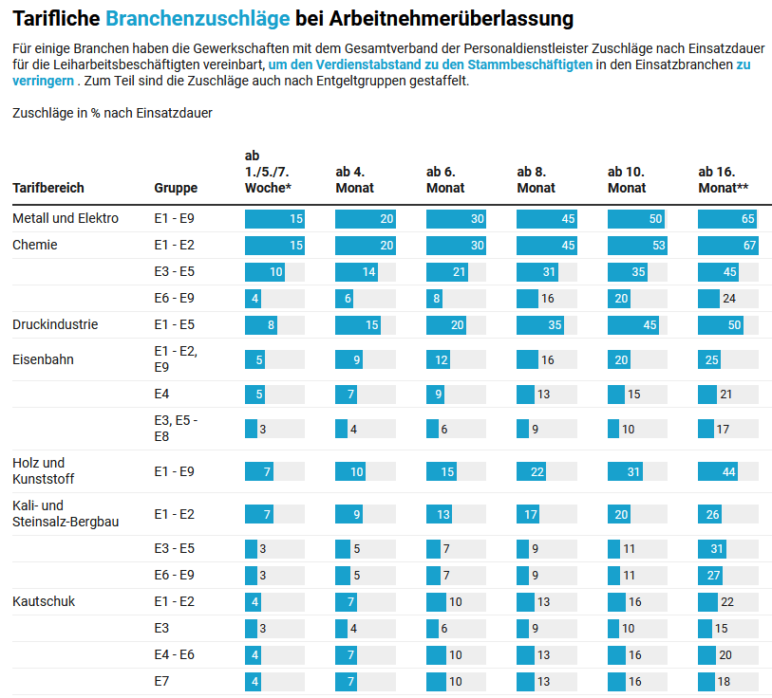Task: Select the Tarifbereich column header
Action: point(48,188)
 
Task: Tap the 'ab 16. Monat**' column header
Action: point(724,179)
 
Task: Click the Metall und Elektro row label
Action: point(66,218)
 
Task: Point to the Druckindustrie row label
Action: point(55,324)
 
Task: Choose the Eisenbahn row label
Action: point(43,359)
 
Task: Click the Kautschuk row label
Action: point(44,601)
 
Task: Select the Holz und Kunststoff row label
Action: point(44,470)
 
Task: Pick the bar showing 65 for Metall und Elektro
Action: point(727,219)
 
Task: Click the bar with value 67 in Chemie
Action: point(728,246)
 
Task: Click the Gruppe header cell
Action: point(176,188)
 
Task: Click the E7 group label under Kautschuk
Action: point(161,681)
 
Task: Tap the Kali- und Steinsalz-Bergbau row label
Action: point(66,513)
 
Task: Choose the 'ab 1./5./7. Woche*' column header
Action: point(268,172)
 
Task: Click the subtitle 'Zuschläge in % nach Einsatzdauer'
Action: point(112,113)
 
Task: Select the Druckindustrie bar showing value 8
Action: point(261,325)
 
